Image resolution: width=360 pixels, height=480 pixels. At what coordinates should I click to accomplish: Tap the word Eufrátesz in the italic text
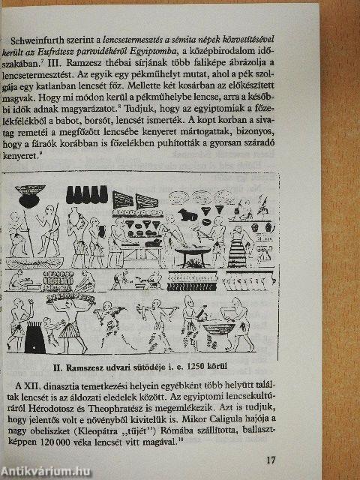tap(53, 52)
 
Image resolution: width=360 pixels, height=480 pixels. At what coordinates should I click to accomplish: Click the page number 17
tap(271, 460)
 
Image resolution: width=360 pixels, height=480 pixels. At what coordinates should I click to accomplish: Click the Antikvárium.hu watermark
tap(45, 472)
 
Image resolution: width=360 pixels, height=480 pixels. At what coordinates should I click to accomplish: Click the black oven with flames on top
tap(34, 337)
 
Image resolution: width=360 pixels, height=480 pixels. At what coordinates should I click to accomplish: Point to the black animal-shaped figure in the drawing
tap(187, 214)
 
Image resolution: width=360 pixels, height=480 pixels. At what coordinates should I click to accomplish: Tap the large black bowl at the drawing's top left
tap(30, 196)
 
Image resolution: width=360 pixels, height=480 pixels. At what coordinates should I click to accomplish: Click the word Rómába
tap(177, 431)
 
